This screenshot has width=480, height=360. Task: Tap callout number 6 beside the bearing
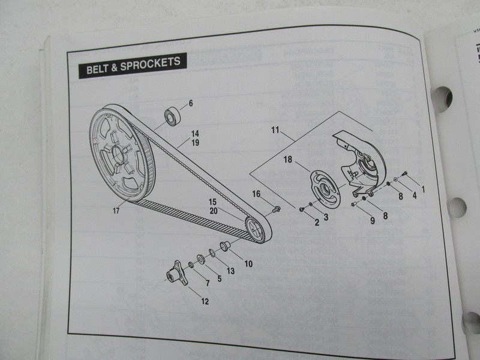tap(191, 103)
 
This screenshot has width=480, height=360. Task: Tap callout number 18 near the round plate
tap(287, 160)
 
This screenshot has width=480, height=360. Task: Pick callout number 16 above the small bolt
tap(256, 194)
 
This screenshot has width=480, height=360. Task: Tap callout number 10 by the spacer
tap(249, 262)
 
